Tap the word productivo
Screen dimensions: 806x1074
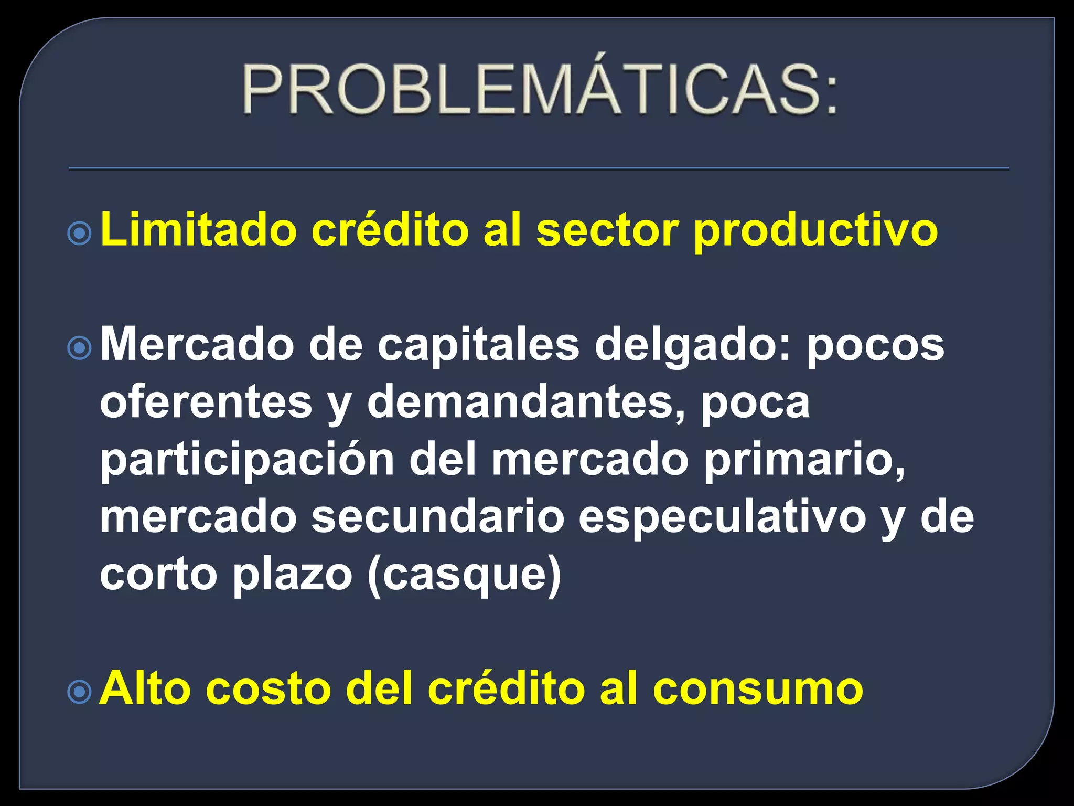[x=815, y=231]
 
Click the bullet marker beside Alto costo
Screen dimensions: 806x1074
[x=80, y=692]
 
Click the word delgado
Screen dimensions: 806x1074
[x=692, y=346]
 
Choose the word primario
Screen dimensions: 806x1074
[x=804, y=461]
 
